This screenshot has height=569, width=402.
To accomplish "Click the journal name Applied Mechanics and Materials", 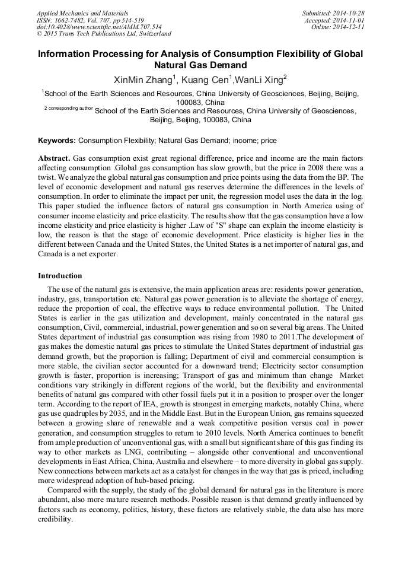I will point(82,12).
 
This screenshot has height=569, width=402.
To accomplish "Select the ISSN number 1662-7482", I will point(73,20).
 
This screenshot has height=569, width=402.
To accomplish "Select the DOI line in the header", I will point(99,27).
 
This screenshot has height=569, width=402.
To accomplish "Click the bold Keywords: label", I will point(57,141).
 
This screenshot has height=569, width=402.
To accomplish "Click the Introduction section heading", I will point(60,276).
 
